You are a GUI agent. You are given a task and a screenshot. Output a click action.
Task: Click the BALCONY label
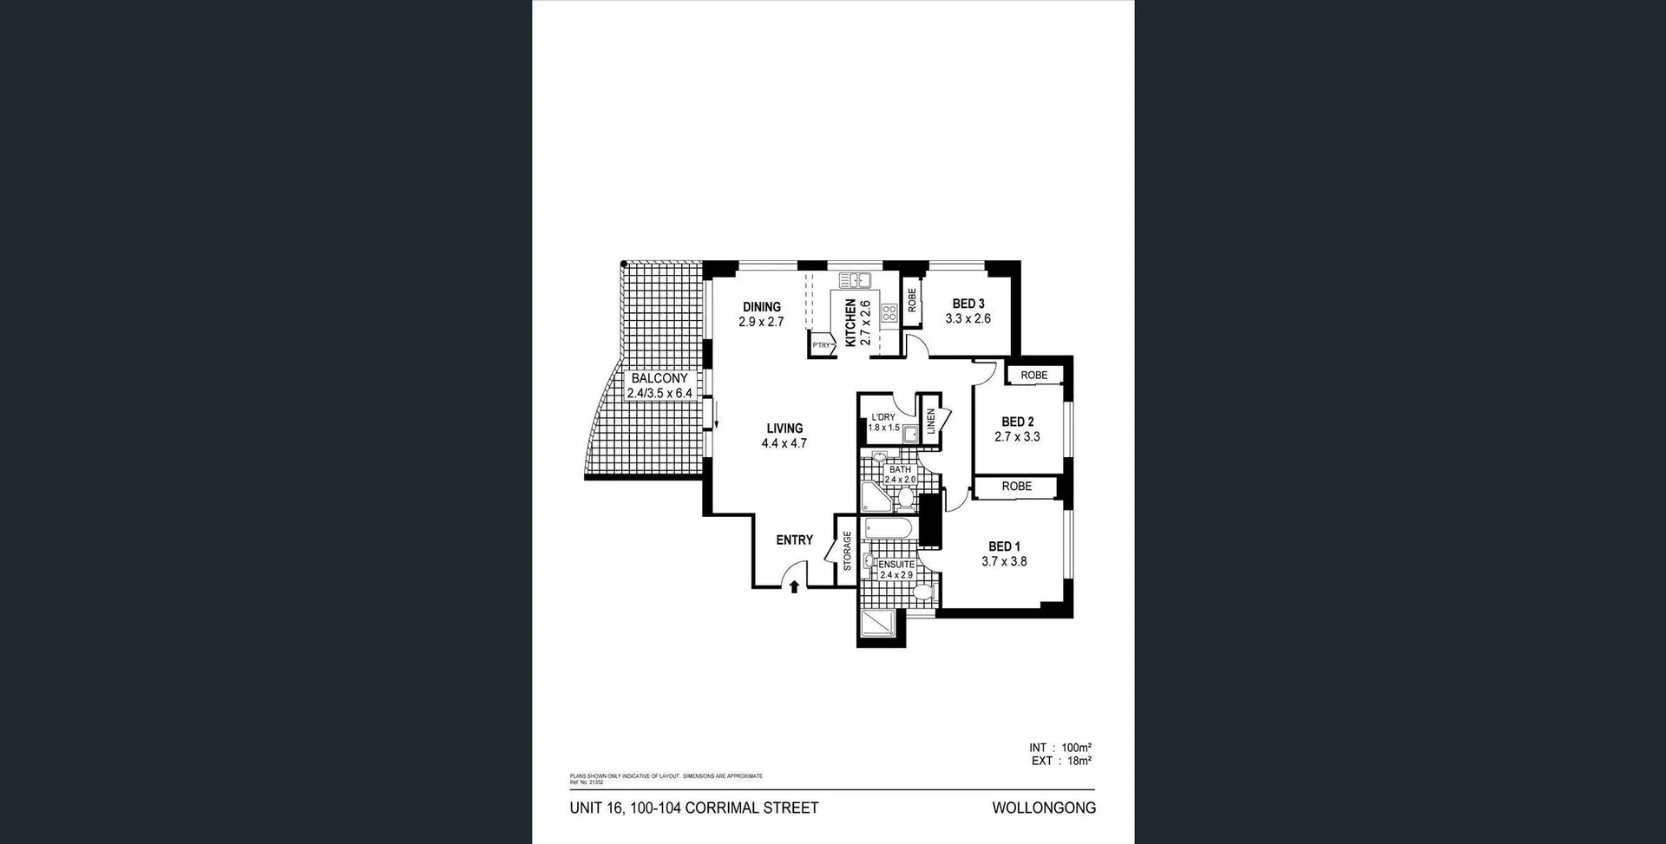pos(659,378)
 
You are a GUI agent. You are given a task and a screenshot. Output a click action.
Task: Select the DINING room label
pos(761,306)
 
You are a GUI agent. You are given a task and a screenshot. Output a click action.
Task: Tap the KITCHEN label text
pos(850,323)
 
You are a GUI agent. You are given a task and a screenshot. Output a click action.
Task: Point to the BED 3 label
pos(967,304)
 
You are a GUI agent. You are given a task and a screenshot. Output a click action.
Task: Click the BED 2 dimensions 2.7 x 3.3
pos(1017,437)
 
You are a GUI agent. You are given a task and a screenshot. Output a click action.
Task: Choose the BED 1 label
pos(1004,546)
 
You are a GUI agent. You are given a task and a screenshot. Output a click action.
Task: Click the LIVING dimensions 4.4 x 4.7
pos(784,443)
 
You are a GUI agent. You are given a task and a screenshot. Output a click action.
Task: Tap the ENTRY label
pos(794,540)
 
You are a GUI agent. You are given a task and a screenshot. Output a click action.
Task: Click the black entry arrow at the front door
pos(794,587)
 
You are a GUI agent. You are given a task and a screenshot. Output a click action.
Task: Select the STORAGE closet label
pos(847,551)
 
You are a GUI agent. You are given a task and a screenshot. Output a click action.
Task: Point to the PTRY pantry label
pos(821,345)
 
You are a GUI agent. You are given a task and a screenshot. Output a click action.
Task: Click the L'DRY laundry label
pos(882,417)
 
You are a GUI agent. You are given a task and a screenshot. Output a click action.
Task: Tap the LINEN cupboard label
pos(931,422)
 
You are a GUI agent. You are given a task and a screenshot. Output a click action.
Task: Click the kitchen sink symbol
pos(855,280)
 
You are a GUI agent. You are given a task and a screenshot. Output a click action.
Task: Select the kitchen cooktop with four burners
pos(889,313)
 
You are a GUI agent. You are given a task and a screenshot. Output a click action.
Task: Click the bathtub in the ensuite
pos(887,528)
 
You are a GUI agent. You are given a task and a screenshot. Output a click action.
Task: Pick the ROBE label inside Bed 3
pos(911,300)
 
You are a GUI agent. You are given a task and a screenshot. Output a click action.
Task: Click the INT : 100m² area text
pos(1059,747)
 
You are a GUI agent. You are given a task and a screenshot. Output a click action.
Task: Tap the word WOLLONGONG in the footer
pos(1044,808)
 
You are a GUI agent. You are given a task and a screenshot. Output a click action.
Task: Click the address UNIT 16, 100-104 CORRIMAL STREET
pos(693,808)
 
